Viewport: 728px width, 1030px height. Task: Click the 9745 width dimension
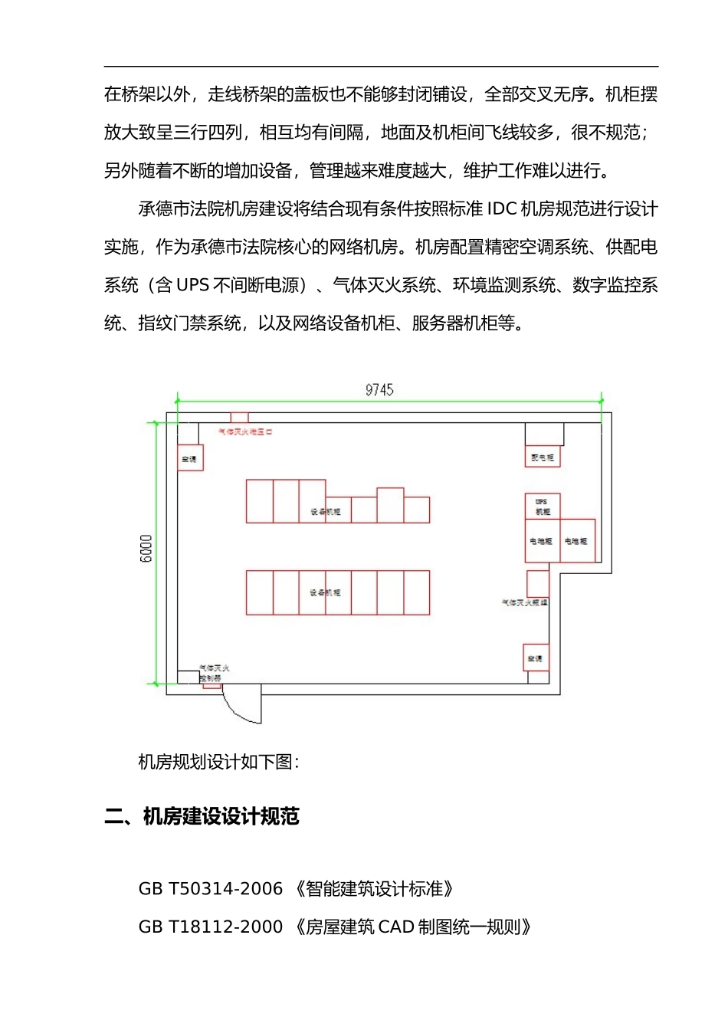click(x=379, y=390)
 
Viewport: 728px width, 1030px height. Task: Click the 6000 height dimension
click(x=146, y=549)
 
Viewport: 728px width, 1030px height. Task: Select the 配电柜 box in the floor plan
click(x=543, y=458)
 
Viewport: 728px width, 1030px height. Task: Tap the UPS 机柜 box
click(x=543, y=507)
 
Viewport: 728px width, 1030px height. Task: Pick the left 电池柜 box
click(x=542, y=541)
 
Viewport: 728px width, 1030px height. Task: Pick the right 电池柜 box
click(x=577, y=541)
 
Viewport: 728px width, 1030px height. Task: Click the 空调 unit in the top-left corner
click(x=190, y=458)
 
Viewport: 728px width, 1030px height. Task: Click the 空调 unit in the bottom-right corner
click(x=536, y=658)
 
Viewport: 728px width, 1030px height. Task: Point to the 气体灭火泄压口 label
click(x=245, y=432)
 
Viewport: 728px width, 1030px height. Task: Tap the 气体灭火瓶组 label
click(x=524, y=603)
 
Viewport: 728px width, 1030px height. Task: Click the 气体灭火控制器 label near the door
click(x=212, y=673)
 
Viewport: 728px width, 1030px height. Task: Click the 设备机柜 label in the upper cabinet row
click(x=326, y=511)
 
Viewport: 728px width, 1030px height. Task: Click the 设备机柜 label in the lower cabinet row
click(x=326, y=592)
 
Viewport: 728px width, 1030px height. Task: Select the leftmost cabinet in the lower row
click(x=260, y=592)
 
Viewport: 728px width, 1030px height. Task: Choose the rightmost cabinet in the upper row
click(x=416, y=510)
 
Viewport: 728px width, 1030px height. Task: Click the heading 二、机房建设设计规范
click(x=202, y=817)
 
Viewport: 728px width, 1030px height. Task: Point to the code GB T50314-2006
click(x=210, y=889)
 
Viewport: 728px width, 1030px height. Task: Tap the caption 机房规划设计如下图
click(x=218, y=762)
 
